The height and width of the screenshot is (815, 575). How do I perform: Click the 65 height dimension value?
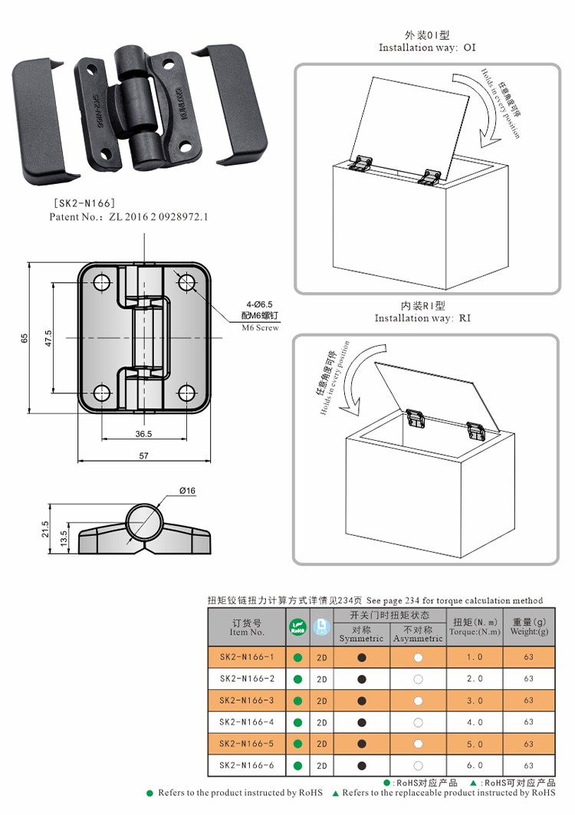(23, 338)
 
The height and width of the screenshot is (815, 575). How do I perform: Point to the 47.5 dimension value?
(48, 338)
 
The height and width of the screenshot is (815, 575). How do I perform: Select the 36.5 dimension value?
(143, 434)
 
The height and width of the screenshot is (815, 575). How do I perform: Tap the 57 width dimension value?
(143, 455)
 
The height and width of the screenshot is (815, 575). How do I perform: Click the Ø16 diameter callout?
(188, 491)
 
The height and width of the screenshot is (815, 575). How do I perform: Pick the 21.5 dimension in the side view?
(44, 529)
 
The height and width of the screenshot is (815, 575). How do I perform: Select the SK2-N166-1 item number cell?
(247, 657)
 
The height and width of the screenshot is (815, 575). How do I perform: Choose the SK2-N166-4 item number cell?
(247, 722)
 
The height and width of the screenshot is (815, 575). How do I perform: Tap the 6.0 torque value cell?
(475, 765)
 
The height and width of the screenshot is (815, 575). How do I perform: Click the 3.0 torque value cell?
(475, 701)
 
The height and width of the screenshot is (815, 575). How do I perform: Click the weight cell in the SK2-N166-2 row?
(529, 679)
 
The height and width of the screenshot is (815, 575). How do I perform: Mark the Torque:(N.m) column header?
(475, 627)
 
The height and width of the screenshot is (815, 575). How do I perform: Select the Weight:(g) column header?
(529, 627)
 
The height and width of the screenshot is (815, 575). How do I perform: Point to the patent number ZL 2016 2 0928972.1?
(129, 217)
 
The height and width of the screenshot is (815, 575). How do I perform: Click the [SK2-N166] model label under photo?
(84, 203)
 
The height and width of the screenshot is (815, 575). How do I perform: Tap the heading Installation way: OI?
(427, 48)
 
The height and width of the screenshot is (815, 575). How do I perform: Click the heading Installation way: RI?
(422, 318)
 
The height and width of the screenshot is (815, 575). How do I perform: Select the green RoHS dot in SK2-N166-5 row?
(297, 744)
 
